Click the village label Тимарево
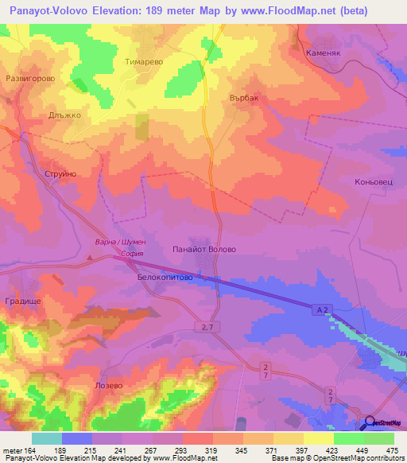[x=145, y=60]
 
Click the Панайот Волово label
[x=204, y=249]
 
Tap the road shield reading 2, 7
[x=208, y=327]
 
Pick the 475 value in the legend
[x=390, y=451]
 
